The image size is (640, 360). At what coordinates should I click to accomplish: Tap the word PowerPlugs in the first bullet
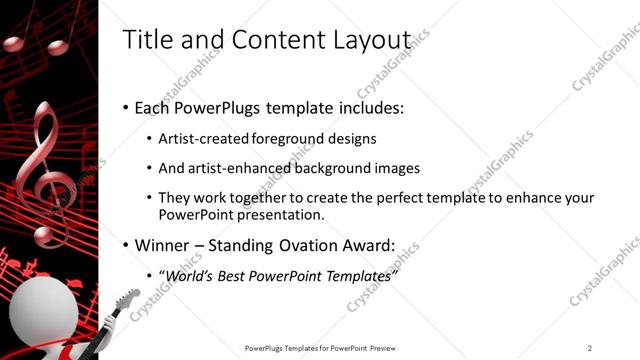coord(218,107)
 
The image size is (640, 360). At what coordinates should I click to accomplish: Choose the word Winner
coord(162,245)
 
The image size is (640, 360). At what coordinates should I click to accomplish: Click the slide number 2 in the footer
coord(589,348)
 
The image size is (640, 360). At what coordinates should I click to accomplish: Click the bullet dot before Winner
coord(125,246)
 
